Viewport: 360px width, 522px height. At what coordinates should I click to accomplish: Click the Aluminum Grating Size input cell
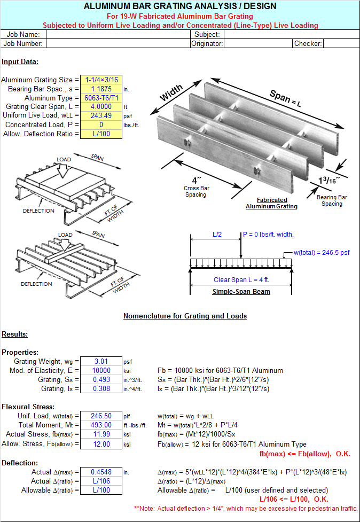click(x=101, y=80)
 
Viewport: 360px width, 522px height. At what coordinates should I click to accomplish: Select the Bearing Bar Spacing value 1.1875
click(x=101, y=89)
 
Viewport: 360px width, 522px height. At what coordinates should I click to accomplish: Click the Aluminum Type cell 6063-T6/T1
click(x=101, y=98)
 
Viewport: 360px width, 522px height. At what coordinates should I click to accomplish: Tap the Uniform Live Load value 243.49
click(x=101, y=116)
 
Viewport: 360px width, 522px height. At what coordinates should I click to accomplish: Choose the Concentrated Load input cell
click(x=101, y=125)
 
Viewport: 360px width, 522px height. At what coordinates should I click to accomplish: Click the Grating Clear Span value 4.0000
click(x=101, y=107)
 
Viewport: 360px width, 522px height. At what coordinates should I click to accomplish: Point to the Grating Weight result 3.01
click(x=101, y=362)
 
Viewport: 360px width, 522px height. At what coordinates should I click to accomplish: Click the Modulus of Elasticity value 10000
click(x=101, y=371)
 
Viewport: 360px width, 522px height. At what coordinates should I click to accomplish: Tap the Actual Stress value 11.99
click(x=101, y=434)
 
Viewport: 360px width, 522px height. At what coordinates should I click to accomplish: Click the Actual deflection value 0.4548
click(x=101, y=472)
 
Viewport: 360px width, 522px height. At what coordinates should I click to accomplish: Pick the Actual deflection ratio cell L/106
click(x=101, y=481)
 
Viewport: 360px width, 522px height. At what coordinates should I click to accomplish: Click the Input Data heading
click(x=20, y=62)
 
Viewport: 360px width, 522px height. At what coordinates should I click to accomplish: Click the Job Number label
click(x=23, y=44)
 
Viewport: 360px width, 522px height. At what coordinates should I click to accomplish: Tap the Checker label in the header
click(x=308, y=44)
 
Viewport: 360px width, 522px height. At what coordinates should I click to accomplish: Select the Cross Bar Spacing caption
click(x=195, y=191)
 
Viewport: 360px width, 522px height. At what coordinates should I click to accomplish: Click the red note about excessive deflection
click(x=246, y=508)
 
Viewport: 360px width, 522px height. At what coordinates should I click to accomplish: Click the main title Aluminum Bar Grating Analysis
click(x=180, y=6)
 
